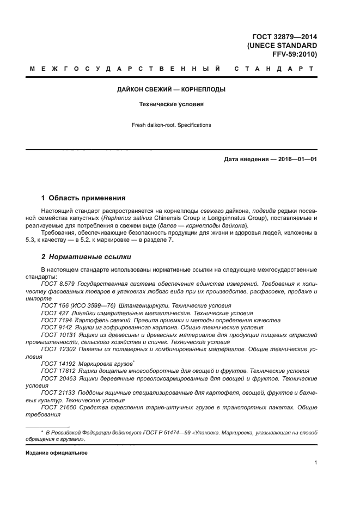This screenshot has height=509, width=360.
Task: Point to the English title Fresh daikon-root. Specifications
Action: tap(171, 125)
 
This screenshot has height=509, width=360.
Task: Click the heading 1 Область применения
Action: tap(83, 198)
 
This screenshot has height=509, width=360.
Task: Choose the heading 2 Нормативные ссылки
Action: tap(86, 256)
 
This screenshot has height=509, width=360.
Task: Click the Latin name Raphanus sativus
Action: tap(134, 218)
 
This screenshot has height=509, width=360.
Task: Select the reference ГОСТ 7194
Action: tap(56, 321)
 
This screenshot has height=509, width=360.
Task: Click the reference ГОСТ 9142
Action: tap(56, 328)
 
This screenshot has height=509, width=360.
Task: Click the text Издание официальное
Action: tap(56, 452)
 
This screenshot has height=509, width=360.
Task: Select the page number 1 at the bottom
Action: tap(315, 463)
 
